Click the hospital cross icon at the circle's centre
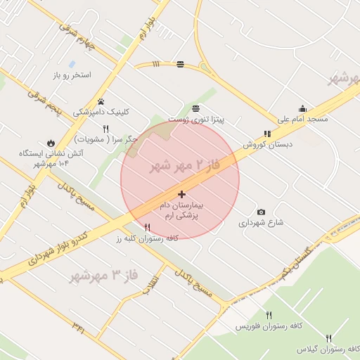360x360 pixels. pyautogui.click(x=182, y=193)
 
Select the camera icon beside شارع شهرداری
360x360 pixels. pyautogui.click(x=261, y=212)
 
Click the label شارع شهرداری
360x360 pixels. pyautogui.click(x=260, y=223)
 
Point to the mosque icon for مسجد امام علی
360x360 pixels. pyautogui.click(x=302, y=108)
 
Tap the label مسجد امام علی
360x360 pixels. pyautogui.click(x=302, y=120)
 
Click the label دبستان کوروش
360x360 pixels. pyautogui.click(x=267, y=144)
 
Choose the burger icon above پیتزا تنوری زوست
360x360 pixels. pyautogui.click(x=195, y=108)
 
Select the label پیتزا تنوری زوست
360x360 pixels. pyautogui.click(x=200, y=120)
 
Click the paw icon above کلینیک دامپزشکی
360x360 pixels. pyautogui.click(x=101, y=101)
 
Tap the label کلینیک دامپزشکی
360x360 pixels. pyautogui.click(x=102, y=112)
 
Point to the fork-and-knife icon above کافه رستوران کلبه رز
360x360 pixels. pyautogui.click(x=147, y=227)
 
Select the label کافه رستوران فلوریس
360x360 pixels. pyautogui.click(x=268, y=327)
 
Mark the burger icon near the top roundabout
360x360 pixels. pyautogui.click(x=181, y=64)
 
